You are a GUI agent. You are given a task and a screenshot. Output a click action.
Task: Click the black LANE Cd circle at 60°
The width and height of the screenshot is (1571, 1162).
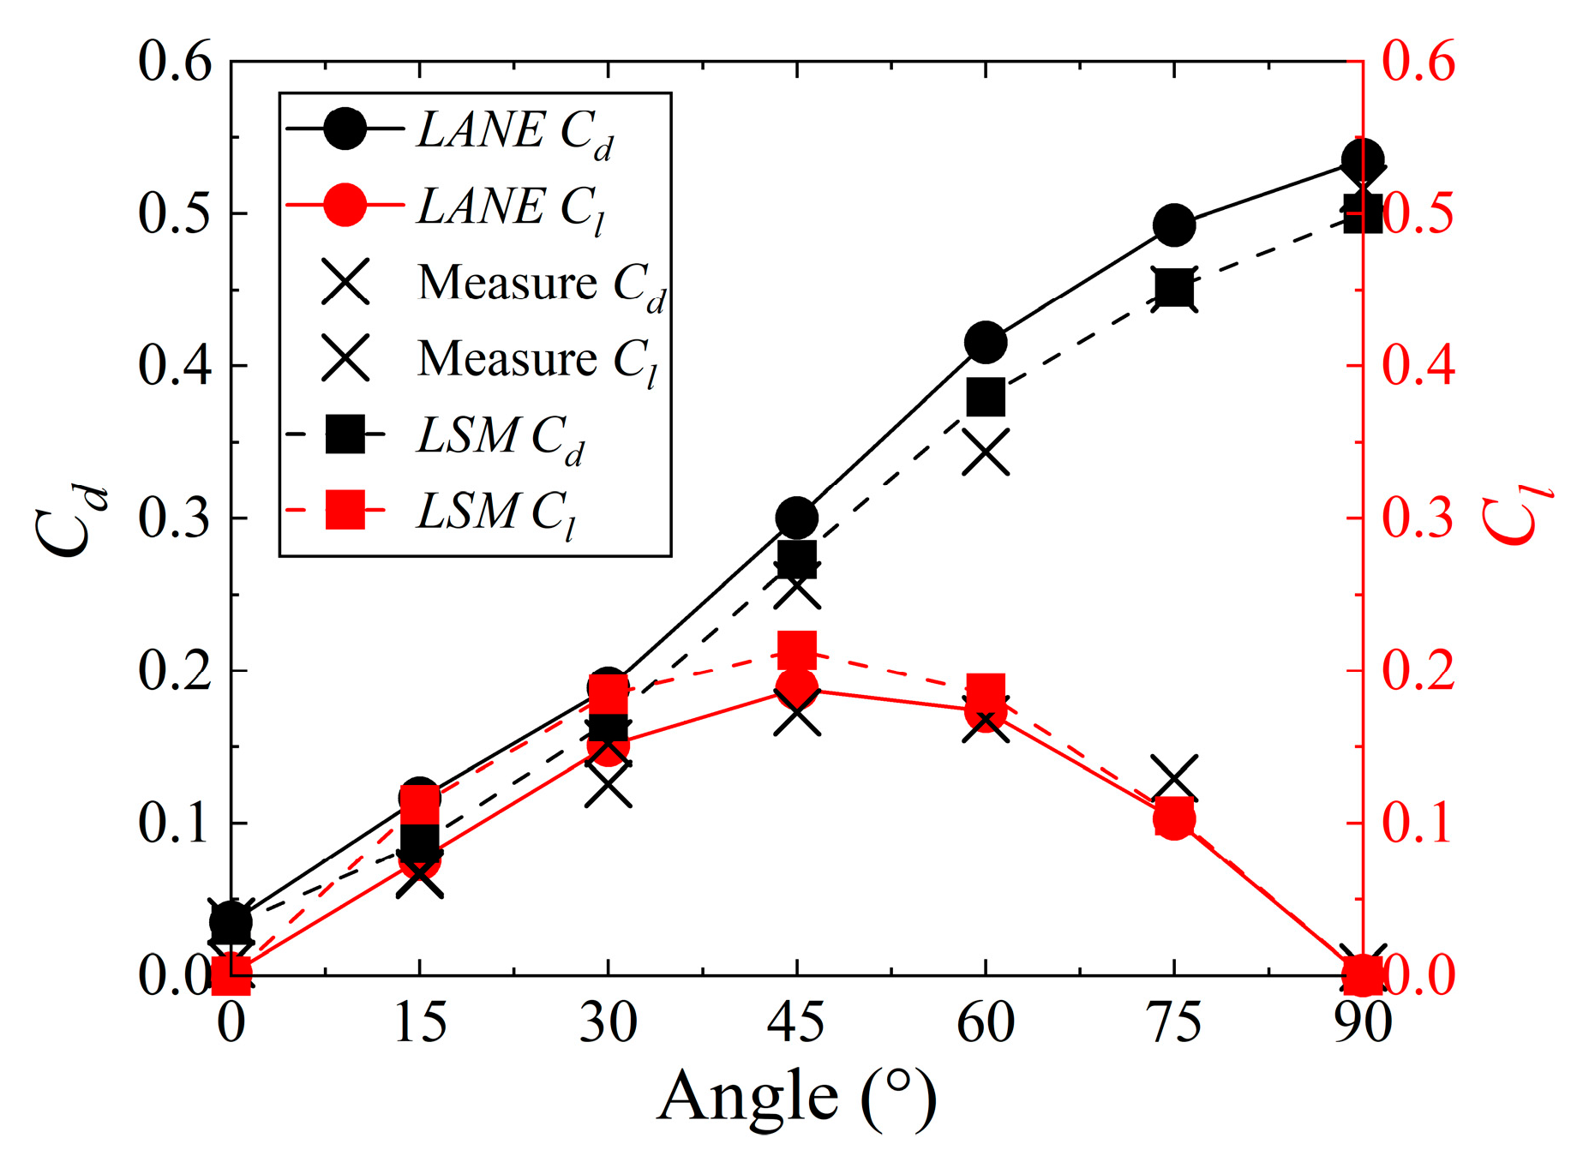(x=986, y=343)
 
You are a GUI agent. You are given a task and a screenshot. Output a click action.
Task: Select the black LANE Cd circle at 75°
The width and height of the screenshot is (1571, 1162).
(x=1174, y=225)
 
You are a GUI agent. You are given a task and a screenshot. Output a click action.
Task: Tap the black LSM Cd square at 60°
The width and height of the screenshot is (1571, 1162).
(x=986, y=398)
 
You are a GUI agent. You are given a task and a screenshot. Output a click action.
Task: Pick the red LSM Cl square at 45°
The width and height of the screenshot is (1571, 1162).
(x=797, y=650)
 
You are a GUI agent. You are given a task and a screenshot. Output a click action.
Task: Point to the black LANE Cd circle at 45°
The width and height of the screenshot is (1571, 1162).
(x=797, y=518)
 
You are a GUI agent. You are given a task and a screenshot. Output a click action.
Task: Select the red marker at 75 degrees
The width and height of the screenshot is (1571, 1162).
(x=1174, y=818)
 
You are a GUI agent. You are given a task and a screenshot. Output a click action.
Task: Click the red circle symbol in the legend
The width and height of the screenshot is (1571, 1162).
(x=345, y=205)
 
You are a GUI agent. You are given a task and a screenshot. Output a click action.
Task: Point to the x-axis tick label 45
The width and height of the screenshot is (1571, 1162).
(x=797, y=1022)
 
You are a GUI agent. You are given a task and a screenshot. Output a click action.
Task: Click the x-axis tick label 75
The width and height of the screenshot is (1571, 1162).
(x=1174, y=1022)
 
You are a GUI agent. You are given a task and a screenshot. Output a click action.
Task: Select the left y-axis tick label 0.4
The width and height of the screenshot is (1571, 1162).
(x=174, y=366)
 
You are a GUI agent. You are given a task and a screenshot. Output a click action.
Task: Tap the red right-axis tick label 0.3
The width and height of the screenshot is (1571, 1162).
(x=1418, y=518)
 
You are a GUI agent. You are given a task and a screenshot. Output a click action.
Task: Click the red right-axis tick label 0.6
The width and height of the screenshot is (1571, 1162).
(x=1418, y=62)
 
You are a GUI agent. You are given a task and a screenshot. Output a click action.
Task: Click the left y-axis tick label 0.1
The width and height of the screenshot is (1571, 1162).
(x=174, y=823)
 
